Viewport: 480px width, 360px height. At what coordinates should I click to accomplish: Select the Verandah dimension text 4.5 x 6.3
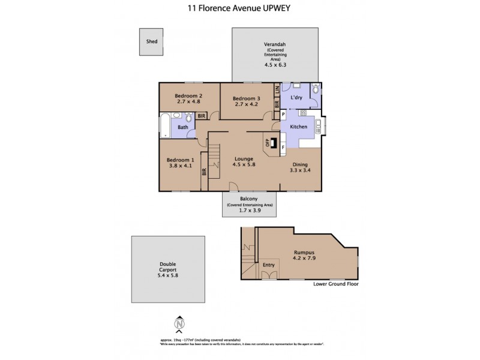point(272,64)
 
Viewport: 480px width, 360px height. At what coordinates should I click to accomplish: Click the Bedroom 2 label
point(188,95)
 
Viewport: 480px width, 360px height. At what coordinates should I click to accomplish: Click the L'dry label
point(296,97)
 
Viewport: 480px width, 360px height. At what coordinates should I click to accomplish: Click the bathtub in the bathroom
point(165,125)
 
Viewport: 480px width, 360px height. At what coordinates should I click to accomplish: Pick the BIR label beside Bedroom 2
point(202,116)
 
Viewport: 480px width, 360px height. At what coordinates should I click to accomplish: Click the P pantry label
point(283,114)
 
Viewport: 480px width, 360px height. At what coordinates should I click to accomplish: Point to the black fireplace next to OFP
point(274,143)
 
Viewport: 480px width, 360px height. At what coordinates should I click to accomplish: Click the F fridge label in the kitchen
point(283,146)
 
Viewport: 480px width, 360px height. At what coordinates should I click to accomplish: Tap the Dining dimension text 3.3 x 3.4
point(301,170)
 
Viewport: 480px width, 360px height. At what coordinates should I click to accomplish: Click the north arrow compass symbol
point(178,325)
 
